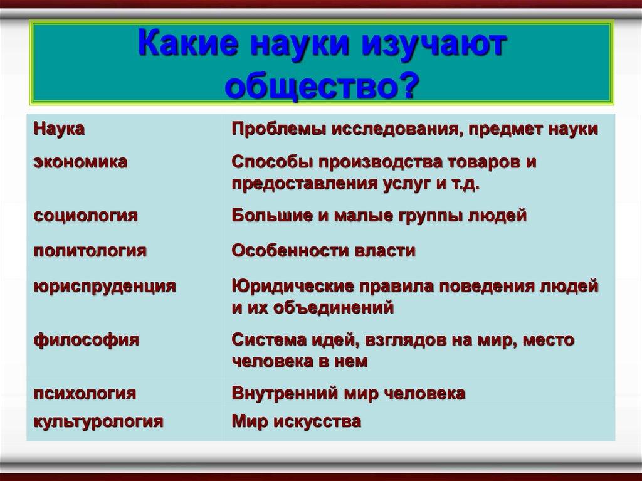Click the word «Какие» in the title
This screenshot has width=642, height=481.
point(188,43)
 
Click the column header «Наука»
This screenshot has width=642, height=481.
point(60,129)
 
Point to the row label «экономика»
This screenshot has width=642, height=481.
point(81,162)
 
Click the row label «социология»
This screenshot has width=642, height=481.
point(85,216)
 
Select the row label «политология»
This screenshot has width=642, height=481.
point(90,251)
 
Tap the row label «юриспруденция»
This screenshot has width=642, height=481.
point(105,287)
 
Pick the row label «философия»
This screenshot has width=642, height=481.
point(87,340)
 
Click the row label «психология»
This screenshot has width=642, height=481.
point(85,393)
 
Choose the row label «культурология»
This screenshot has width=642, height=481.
point(98,421)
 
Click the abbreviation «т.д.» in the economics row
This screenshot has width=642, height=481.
point(466,184)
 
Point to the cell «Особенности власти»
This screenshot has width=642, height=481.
point(324,251)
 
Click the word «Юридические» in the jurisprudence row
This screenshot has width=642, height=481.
point(293,287)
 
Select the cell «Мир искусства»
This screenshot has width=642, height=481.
point(297,421)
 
